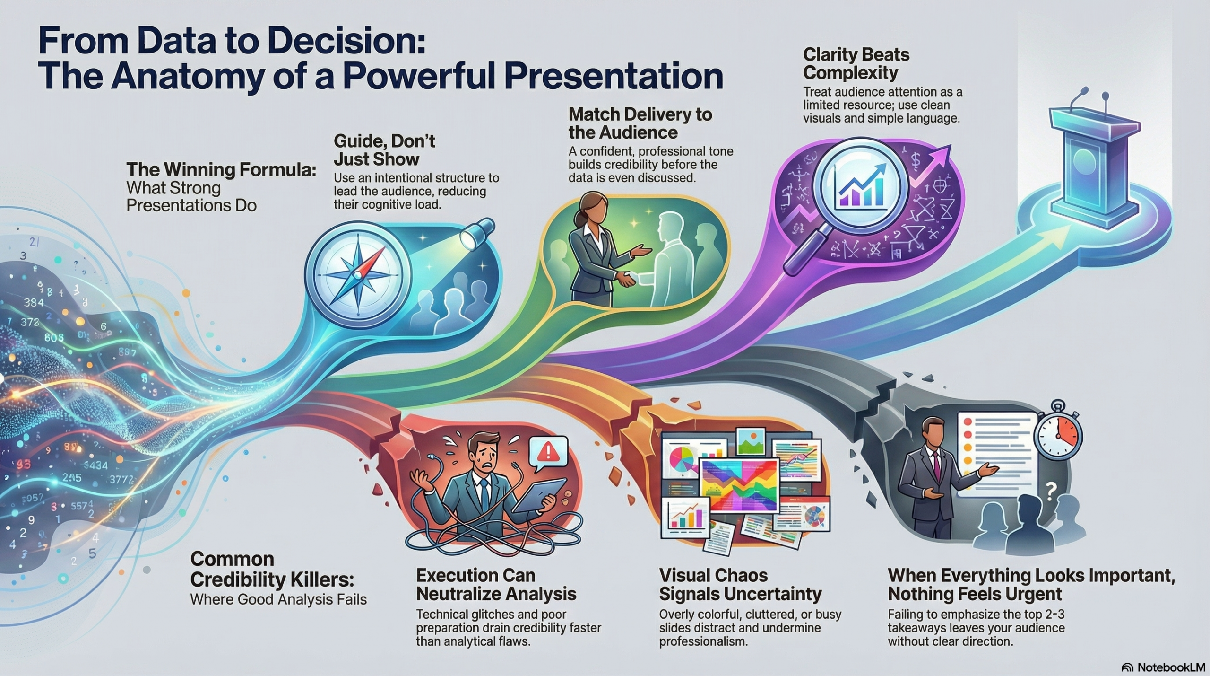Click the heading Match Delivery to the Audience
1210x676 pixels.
point(640,123)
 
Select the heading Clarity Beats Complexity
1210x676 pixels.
point(856,63)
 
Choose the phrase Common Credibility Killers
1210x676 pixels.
point(272,569)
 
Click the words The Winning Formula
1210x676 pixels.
point(221,169)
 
